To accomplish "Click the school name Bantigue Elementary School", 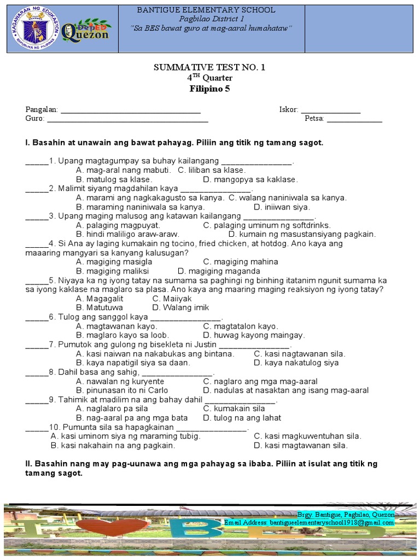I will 206,10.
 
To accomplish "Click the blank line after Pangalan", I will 130,110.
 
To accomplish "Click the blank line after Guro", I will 127,119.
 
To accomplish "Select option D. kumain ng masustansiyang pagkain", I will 302,234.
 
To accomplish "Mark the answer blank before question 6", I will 37,318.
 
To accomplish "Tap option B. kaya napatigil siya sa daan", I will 133,363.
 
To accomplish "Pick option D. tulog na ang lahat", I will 242,418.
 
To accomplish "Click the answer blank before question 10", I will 37,428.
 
